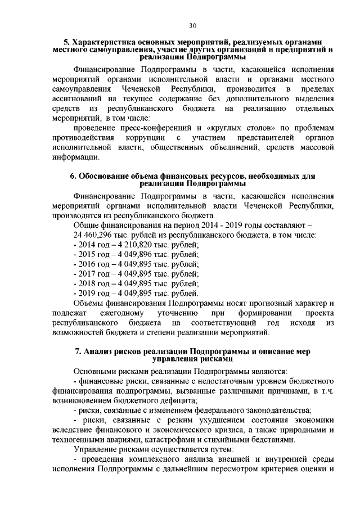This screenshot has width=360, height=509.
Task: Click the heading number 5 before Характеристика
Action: click(66, 41)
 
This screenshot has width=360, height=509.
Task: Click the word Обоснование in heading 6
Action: click(106, 176)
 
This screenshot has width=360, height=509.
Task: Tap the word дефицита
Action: click(177, 400)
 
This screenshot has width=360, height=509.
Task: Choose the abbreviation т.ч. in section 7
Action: click(329, 391)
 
